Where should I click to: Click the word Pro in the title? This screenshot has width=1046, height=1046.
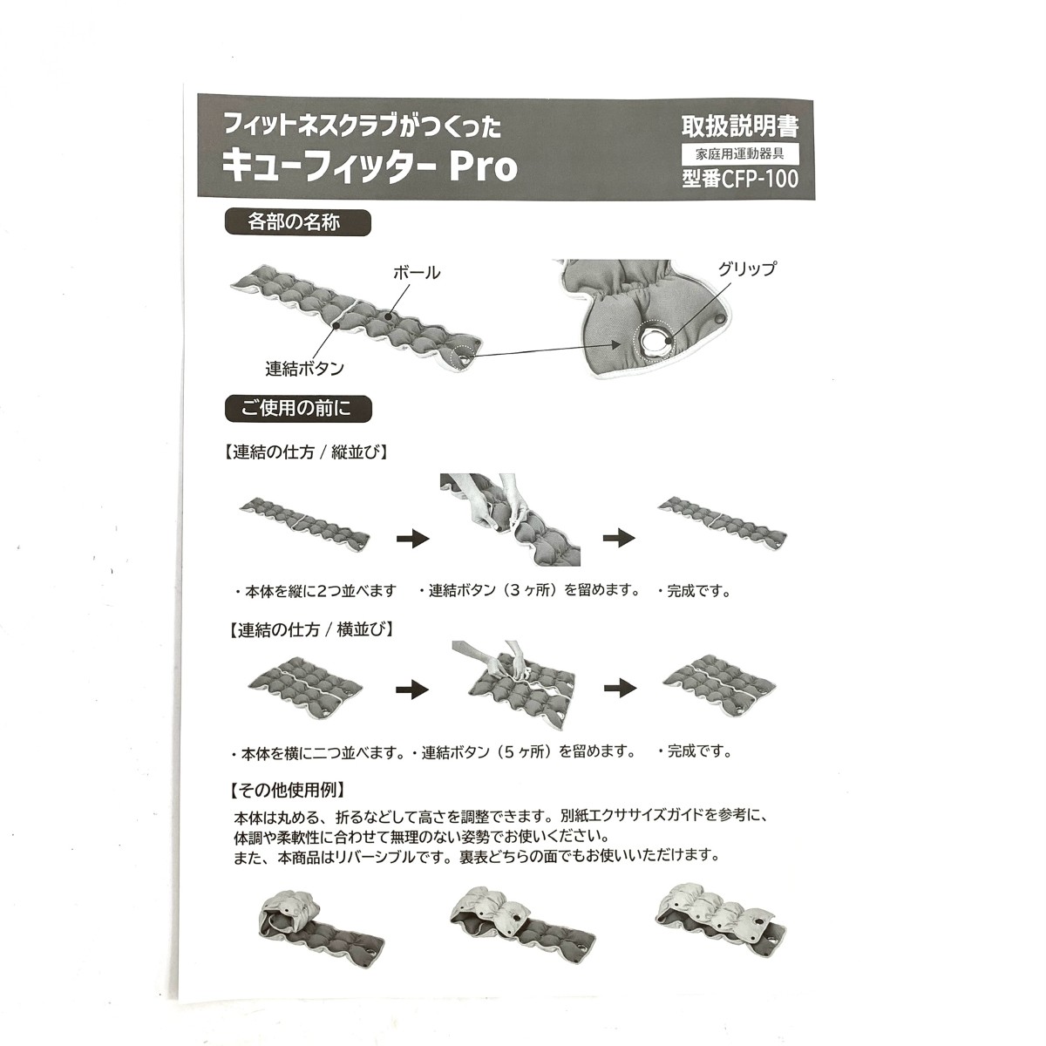point(482,168)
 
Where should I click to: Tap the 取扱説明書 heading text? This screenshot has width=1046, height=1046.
point(740,126)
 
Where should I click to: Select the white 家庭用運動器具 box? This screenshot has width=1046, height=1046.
point(740,154)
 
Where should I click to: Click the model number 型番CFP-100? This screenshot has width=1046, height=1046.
point(740,180)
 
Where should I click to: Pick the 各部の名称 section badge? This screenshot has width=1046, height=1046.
point(297,222)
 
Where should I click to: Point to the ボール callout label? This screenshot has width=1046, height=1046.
point(417,273)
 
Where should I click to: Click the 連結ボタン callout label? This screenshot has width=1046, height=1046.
point(304,369)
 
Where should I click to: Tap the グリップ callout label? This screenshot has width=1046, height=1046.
point(747,268)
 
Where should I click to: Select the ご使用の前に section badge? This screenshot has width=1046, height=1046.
point(298,409)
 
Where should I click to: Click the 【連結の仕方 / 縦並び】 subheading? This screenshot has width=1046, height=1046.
point(306,452)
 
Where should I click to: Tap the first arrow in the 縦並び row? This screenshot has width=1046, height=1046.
point(413,539)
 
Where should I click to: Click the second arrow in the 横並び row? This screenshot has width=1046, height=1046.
point(620,689)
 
